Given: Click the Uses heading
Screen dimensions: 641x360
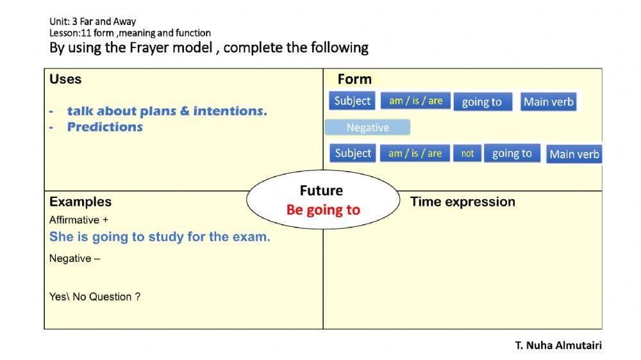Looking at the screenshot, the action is click(65, 79).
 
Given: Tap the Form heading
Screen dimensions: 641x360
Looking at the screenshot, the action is click(354, 79).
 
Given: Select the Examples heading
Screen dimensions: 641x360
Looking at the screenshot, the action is click(80, 202).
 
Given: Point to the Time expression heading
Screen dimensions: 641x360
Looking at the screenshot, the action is click(462, 202).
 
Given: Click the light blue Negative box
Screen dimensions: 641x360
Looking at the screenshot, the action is click(367, 127).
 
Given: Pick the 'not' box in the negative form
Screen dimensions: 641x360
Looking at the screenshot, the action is click(467, 153).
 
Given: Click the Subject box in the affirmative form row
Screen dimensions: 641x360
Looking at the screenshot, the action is click(352, 101).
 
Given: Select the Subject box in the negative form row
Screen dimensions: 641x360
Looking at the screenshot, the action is click(353, 153).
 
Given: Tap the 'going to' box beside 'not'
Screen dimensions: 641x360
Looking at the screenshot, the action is click(512, 153).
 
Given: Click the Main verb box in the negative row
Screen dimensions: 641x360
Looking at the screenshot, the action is click(574, 154).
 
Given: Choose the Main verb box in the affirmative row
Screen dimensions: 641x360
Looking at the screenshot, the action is click(548, 102).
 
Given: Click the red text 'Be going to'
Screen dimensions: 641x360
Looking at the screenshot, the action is click(323, 210).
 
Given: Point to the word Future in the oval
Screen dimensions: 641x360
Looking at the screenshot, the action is click(321, 190).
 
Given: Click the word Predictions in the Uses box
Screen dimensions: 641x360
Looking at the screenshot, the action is click(105, 127).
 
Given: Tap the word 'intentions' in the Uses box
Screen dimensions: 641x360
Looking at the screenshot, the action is click(230, 111).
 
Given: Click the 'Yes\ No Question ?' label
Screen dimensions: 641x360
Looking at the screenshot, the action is click(95, 297).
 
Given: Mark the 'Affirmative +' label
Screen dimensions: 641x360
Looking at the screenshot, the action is click(79, 220).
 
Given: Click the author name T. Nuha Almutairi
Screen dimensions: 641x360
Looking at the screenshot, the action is click(558, 345).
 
